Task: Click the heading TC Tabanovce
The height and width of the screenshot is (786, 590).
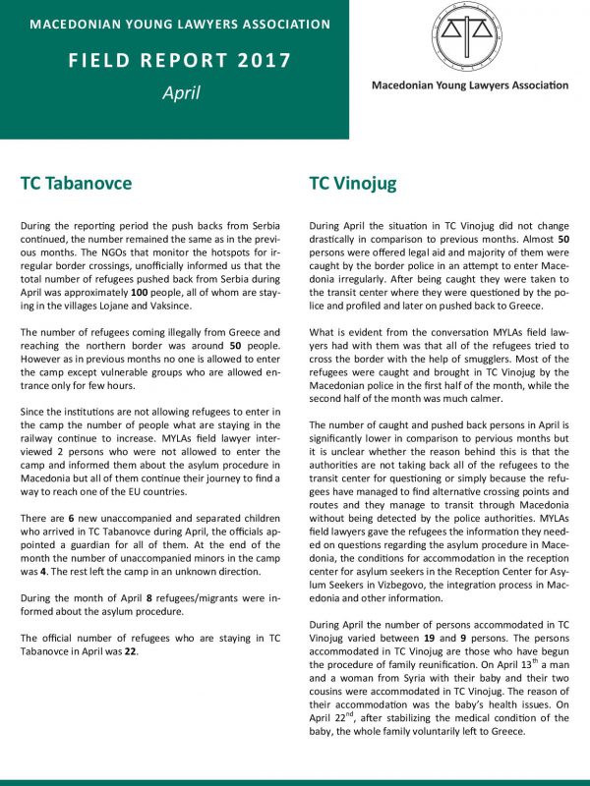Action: tap(76, 183)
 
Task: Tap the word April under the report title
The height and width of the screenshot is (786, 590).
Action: tap(181, 93)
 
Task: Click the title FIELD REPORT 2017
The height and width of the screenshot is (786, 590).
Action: tap(180, 60)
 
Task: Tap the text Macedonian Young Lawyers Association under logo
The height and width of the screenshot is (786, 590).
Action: tap(469, 85)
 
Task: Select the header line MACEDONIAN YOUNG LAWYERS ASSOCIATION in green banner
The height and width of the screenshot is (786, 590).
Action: tap(180, 24)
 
